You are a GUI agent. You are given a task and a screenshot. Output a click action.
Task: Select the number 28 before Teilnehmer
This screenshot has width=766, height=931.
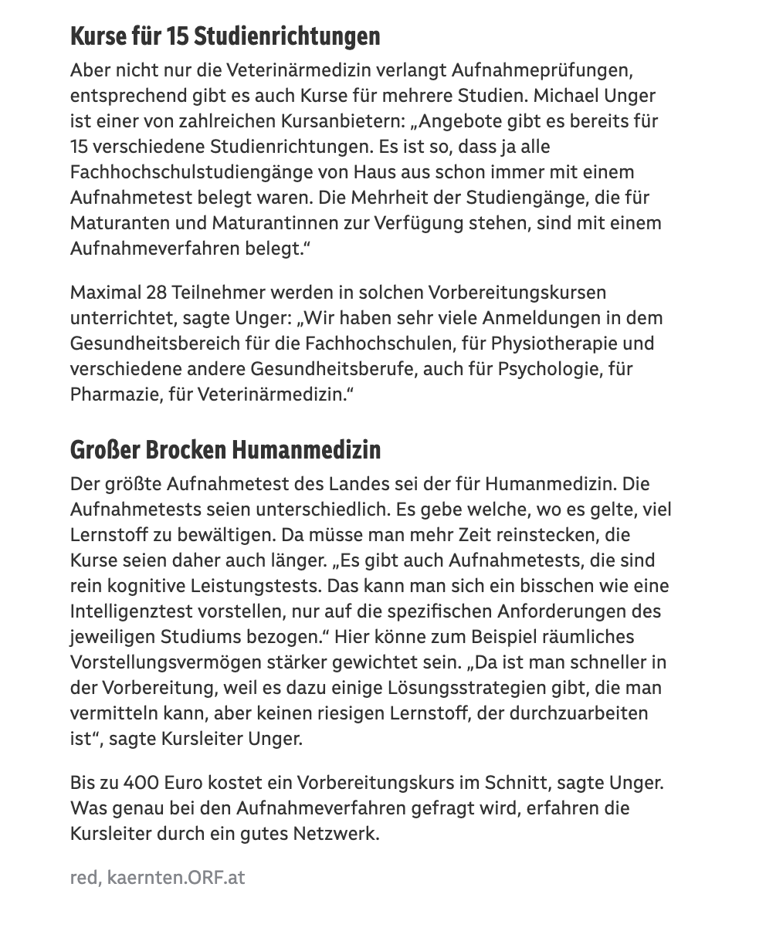tap(157, 293)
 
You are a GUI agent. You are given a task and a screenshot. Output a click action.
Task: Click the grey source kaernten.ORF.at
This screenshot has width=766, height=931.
tap(176, 878)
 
